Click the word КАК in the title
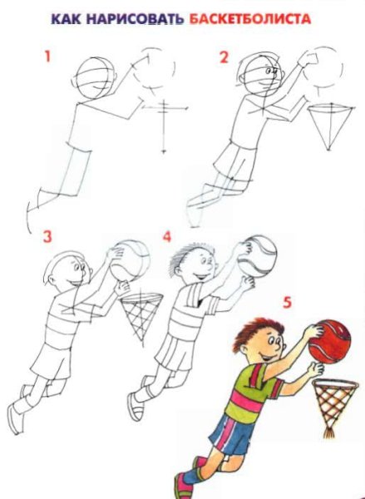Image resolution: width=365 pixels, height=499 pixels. click(x=67, y=19)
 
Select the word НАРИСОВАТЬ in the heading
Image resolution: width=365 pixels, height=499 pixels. click(x=136, y=19)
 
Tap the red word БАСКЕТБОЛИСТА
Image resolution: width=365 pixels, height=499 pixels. click(x=249, y=19)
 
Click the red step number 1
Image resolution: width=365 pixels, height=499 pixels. click(x=47, y=57)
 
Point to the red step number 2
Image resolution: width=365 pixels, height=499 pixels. click(x=224, y=57)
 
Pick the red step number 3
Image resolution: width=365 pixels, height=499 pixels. click(x=47, y=237)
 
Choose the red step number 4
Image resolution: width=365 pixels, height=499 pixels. click(x=167, y=237)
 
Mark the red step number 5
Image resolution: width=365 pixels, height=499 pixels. click(x=287, y=303)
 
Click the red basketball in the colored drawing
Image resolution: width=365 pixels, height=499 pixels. click(x=330, y=341)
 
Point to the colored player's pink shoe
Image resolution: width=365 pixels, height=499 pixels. click(x=184, y=487)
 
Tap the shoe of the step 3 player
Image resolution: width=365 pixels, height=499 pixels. click(x=15, y=418)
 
